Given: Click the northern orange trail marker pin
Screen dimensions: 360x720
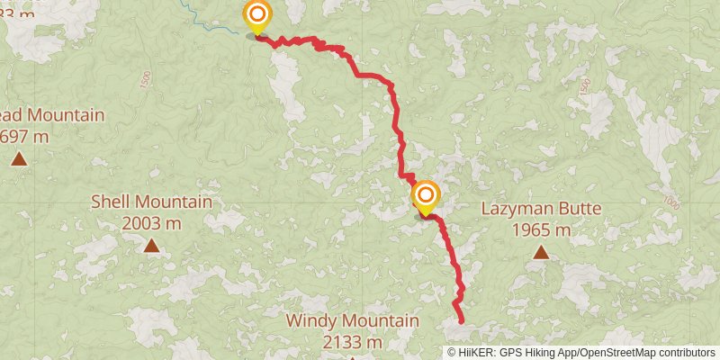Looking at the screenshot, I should [x=257, y=15].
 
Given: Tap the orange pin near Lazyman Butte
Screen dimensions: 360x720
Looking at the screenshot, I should [x=425, y=195].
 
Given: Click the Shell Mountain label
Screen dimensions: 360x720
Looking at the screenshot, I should [x=152, y=202].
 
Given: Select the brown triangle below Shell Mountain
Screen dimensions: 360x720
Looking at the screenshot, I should [x=152, y=246].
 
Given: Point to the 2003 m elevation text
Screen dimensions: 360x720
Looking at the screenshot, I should [x=152, y=223].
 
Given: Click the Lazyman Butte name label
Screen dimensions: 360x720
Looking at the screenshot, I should [x=540, y=209].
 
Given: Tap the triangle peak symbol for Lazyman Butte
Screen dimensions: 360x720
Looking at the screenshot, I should [x=540, y=252].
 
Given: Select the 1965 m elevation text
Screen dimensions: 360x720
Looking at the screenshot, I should [x=540, y=230].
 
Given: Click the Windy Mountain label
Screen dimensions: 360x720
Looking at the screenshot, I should [x=352, y=320].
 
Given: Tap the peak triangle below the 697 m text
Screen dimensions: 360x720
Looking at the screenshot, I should [x=19, y=159].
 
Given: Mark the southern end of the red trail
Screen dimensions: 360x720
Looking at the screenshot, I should [x=462, y=320].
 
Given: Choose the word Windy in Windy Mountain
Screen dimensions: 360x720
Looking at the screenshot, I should [x=308, y=320].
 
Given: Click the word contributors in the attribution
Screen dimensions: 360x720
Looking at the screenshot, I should [x=686, y=353].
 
